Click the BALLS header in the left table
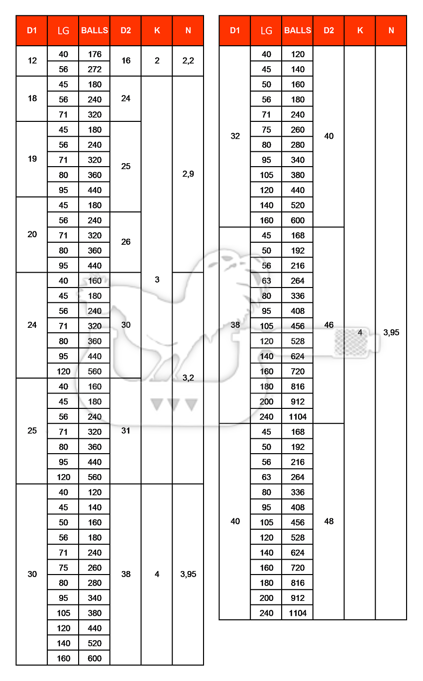[x=95, y=30]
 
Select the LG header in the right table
[x=266, y=30]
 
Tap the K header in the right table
[x=360, y=30]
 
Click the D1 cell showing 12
[x=32, y=61]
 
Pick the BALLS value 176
[x=95, y=54]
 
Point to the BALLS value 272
[x=95, y=69]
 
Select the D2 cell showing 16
[x=126, y=61]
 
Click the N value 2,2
[x=188, y=61]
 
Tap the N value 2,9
[x=188, y=174]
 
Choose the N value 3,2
[x=188, y=378]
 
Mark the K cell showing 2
[x=157, y=61]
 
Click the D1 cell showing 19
[x=32, y=159]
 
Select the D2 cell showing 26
[x=126, y=242]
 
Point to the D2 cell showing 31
[x=126, y=431]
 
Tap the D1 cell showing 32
[x=235, y=136]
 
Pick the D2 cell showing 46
[x=329, y=325]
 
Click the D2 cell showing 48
[x=329, y=521]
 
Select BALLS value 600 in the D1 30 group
[x=95, y=658]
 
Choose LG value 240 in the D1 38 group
[x=266, y=416]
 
